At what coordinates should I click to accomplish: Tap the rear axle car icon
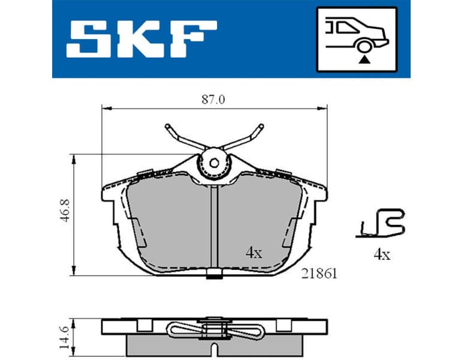tap(356, 38)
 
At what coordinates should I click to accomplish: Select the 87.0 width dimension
tap(213, 100)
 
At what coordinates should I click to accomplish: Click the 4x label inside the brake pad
tap(254, 253)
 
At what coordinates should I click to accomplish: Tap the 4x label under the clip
tap(382, 255)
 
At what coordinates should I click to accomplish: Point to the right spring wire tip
tap(260, 127)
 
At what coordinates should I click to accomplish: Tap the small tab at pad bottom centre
tap(213, 275)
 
